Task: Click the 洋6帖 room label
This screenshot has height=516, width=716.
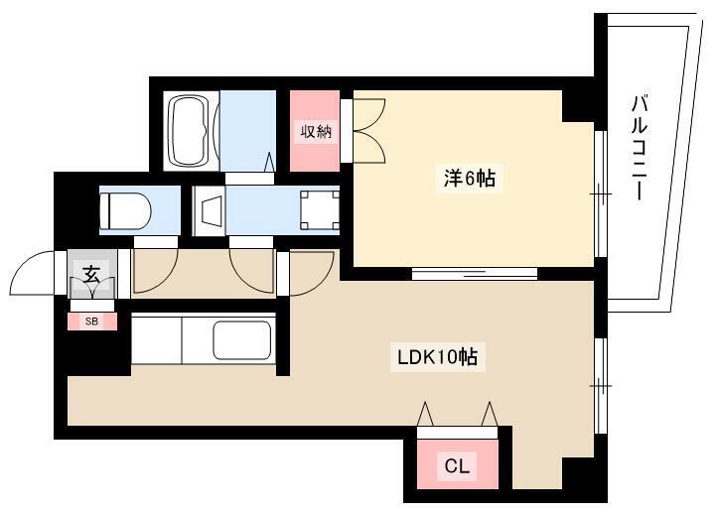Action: point(470,178)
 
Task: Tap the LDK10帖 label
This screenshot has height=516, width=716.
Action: point(438,357)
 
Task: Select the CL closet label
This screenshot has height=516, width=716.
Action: point(457,466)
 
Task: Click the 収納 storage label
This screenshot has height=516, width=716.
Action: point(316,131)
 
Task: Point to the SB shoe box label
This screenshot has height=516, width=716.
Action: point(91,322)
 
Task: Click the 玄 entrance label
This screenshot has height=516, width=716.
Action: point(91,274)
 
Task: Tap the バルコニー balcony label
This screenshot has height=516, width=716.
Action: point(640,148)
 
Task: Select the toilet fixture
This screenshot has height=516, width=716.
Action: point(125,210)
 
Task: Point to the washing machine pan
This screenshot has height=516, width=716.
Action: point(320,210)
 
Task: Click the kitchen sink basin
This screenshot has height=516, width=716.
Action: point(241,340)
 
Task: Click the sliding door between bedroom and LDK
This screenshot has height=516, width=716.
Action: point(475,274)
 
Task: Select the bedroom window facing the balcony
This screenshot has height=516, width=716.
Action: point(601,194)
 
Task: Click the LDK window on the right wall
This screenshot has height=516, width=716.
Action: point(601,386)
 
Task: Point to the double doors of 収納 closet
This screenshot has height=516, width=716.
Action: point(369,130)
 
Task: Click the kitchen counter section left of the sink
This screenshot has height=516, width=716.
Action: point(157,340)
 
